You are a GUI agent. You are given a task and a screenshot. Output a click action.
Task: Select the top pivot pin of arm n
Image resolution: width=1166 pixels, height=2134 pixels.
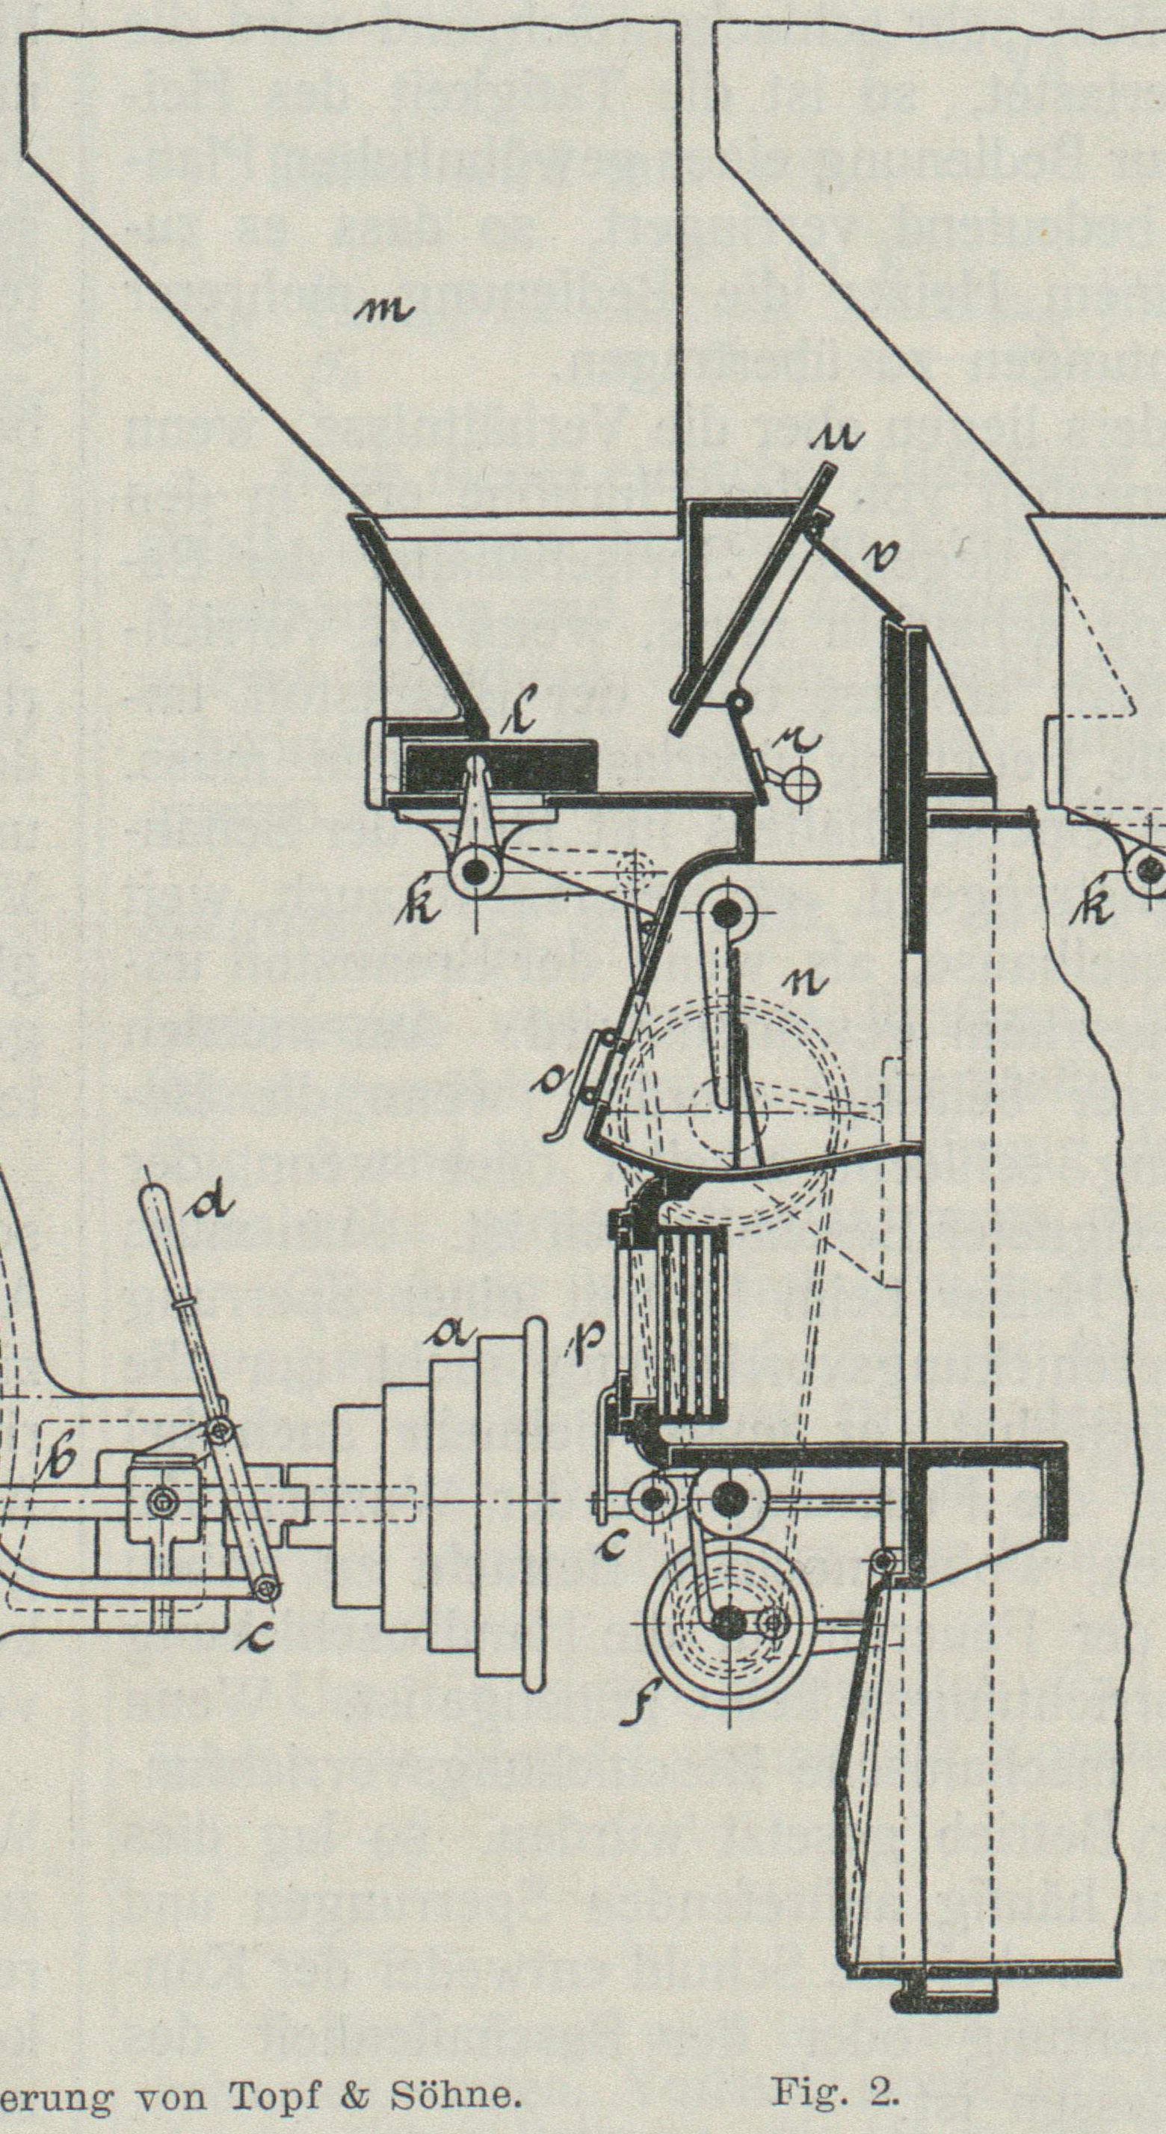point(726,914)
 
